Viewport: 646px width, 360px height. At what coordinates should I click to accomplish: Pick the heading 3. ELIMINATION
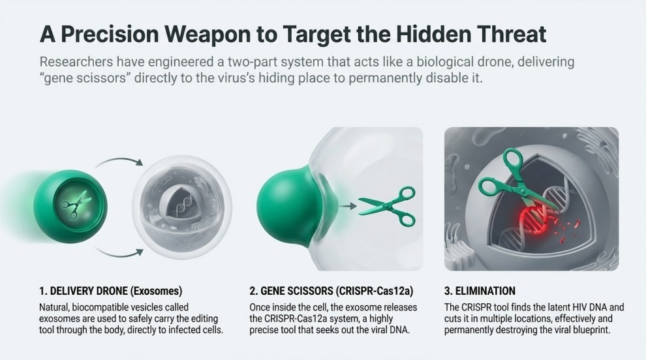(x=480, y=291)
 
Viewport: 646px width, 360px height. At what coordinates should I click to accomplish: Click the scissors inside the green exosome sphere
(x=69, y=203)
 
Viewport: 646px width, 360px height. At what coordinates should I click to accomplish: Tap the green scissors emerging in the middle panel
(x=388, y=206)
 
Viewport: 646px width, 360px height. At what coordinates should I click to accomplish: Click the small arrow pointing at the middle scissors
(x=348, y=206)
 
